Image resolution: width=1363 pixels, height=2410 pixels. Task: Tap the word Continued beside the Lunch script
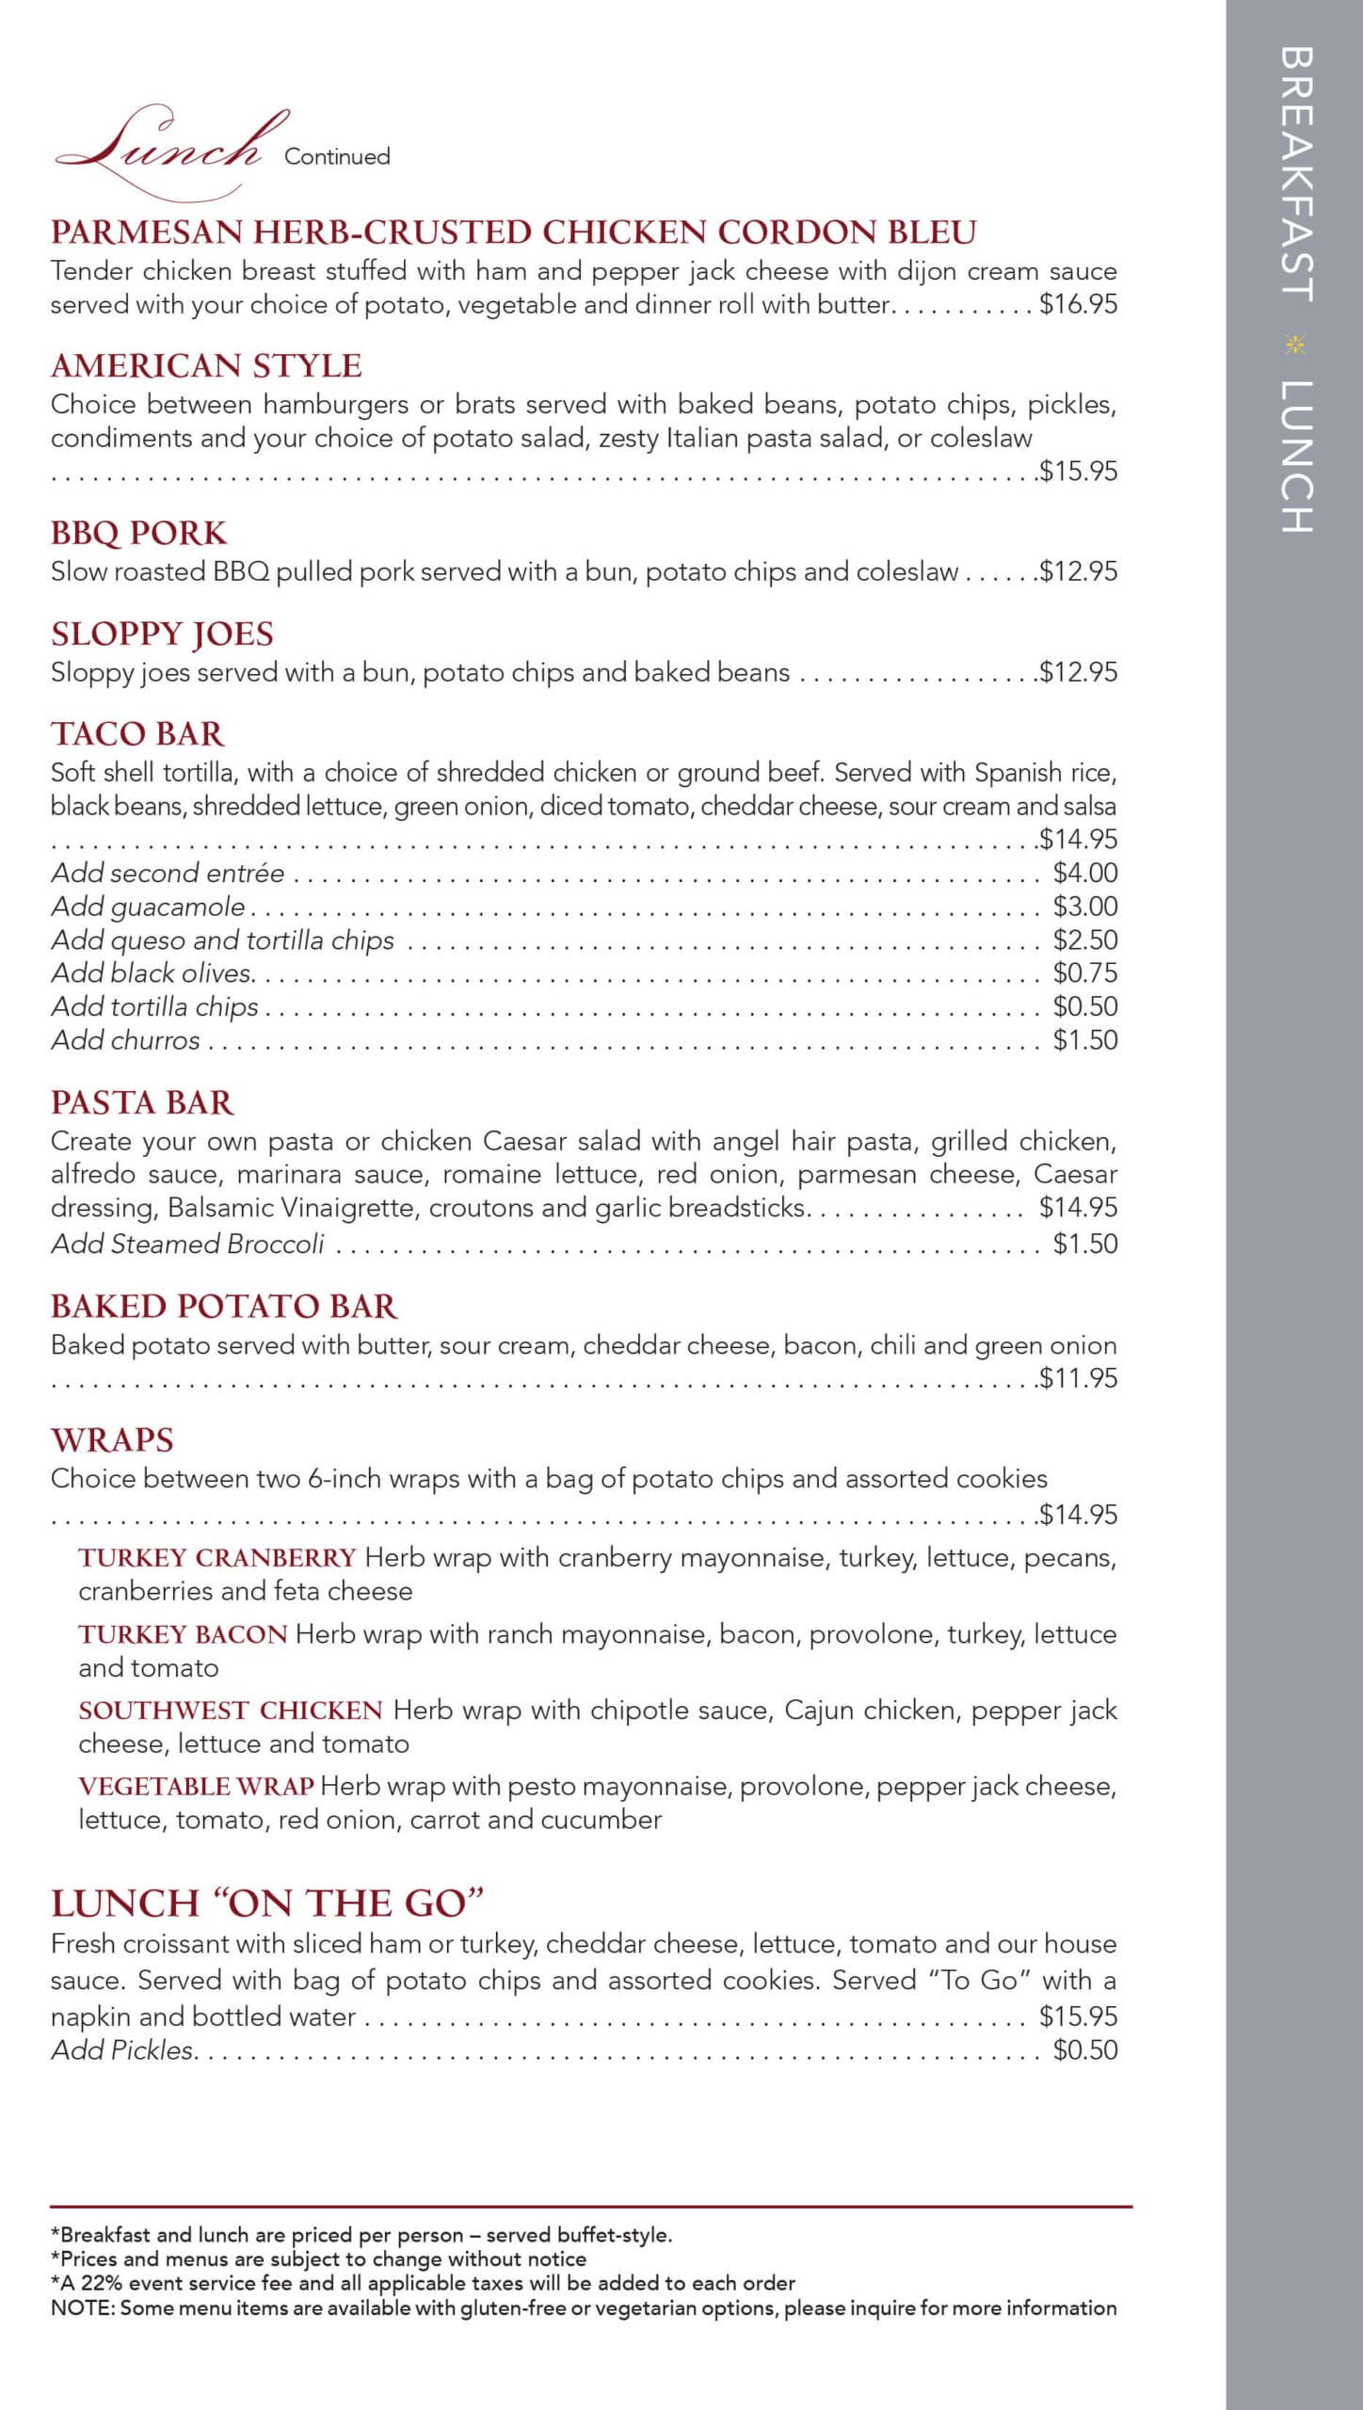point(337,156)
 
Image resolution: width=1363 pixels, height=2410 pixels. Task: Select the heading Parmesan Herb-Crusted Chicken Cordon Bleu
point(513,232)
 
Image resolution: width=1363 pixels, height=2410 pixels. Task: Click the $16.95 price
point(1078,304)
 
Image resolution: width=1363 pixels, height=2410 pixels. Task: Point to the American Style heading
point(206,365)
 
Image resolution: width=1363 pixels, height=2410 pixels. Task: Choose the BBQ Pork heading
point(138,533)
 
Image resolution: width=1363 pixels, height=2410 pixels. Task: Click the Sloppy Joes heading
point(162,634)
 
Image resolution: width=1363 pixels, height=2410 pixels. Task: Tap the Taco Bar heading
point(137,733)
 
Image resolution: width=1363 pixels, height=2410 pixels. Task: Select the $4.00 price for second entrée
point(1084,873)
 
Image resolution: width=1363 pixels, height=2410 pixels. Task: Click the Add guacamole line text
point(148,907)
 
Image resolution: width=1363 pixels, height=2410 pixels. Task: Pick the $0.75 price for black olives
point(1084,972)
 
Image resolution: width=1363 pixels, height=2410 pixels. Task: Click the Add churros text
point(125,1040)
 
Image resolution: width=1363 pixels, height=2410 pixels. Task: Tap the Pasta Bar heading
point(142,1102)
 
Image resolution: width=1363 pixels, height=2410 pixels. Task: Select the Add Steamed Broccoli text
point(187,1244)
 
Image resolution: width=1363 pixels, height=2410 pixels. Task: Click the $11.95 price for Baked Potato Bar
point(1078,1378)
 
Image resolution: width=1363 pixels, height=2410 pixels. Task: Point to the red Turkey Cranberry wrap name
point(216,1558)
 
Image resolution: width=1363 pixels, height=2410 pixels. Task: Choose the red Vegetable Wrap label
point(196,1786)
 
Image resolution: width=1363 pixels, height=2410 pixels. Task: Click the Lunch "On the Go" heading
point(266,1903)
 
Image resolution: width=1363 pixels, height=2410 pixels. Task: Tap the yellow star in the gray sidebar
point(1295,345)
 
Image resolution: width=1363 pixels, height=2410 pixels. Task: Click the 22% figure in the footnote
point(102,2283)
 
